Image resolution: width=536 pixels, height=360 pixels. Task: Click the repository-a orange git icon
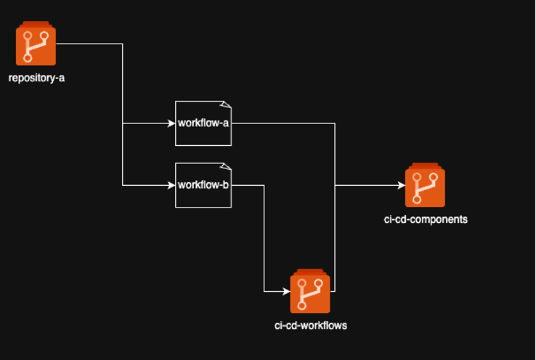click(36, 45)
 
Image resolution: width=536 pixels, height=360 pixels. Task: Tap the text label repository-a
click(36, 78)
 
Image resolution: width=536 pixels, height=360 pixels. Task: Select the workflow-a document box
click(203, 123)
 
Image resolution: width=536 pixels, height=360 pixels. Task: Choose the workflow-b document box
click(203, 185)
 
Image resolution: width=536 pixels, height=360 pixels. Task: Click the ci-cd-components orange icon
click(425, 187)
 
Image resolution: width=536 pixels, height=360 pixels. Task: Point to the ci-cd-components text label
click(426, 219)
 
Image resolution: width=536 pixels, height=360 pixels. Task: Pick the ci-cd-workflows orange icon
click(310, 292)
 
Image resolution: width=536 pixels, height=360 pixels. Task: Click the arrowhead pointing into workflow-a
click(171, 123)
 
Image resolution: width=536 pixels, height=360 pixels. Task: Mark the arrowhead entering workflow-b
click(171, 185)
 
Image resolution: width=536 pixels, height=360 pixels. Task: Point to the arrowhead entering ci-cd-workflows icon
click(285, 292)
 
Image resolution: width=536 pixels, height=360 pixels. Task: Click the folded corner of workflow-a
click(227, 105)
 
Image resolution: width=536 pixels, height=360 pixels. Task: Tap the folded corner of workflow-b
click(227, 166)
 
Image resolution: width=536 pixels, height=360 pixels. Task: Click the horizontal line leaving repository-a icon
click(87, 44)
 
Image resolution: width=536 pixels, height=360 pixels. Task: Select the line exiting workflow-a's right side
click(283, 123)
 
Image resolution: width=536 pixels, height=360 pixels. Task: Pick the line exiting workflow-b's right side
click(247, 185)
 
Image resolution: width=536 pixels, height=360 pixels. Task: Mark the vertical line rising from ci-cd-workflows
click(335, 240)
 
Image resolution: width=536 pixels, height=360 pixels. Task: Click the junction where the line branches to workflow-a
click(123, 123)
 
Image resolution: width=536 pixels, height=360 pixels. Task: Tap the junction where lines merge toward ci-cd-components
click(335, 185)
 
